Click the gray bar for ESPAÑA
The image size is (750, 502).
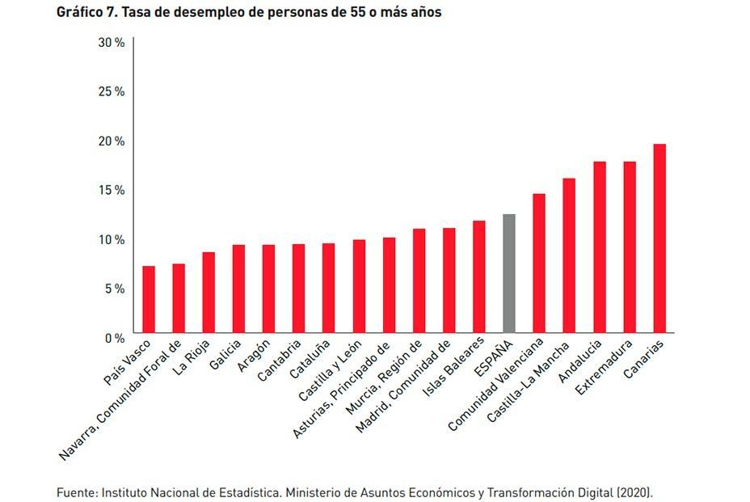(x=508, y=273)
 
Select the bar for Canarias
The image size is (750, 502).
(x=659, y=238)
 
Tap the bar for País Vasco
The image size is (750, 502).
(x=149, y=299)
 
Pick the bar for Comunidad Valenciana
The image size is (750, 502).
(x=539, y=263)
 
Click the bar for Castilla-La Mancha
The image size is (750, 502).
(x=569, y=255)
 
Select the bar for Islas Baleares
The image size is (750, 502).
(x=478, y=276)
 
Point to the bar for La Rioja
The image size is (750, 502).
(x=209, y=292)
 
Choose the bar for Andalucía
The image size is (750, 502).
(x=600, y=247)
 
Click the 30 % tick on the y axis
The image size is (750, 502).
(x=111, y=42)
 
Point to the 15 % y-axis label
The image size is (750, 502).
(x=111, y=190)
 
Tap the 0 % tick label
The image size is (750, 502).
(x=114, y=337)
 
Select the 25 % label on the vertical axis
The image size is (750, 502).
(x=111, y=91)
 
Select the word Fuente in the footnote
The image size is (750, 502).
(x=75, y=491)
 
